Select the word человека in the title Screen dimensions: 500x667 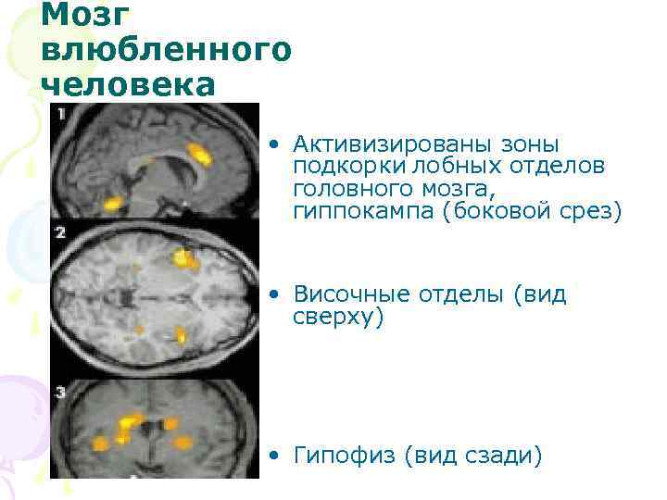[x=128, y=83]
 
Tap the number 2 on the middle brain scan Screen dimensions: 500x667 [x=61, y=231]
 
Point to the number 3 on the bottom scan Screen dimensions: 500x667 [x=61, y=393]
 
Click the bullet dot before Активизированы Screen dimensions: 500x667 [x=274, y=145]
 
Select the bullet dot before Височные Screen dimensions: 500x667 [x=274, y=296]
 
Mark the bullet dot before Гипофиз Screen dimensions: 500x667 [x=274, y=456]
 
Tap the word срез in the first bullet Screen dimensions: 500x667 [x=598, y=211]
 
